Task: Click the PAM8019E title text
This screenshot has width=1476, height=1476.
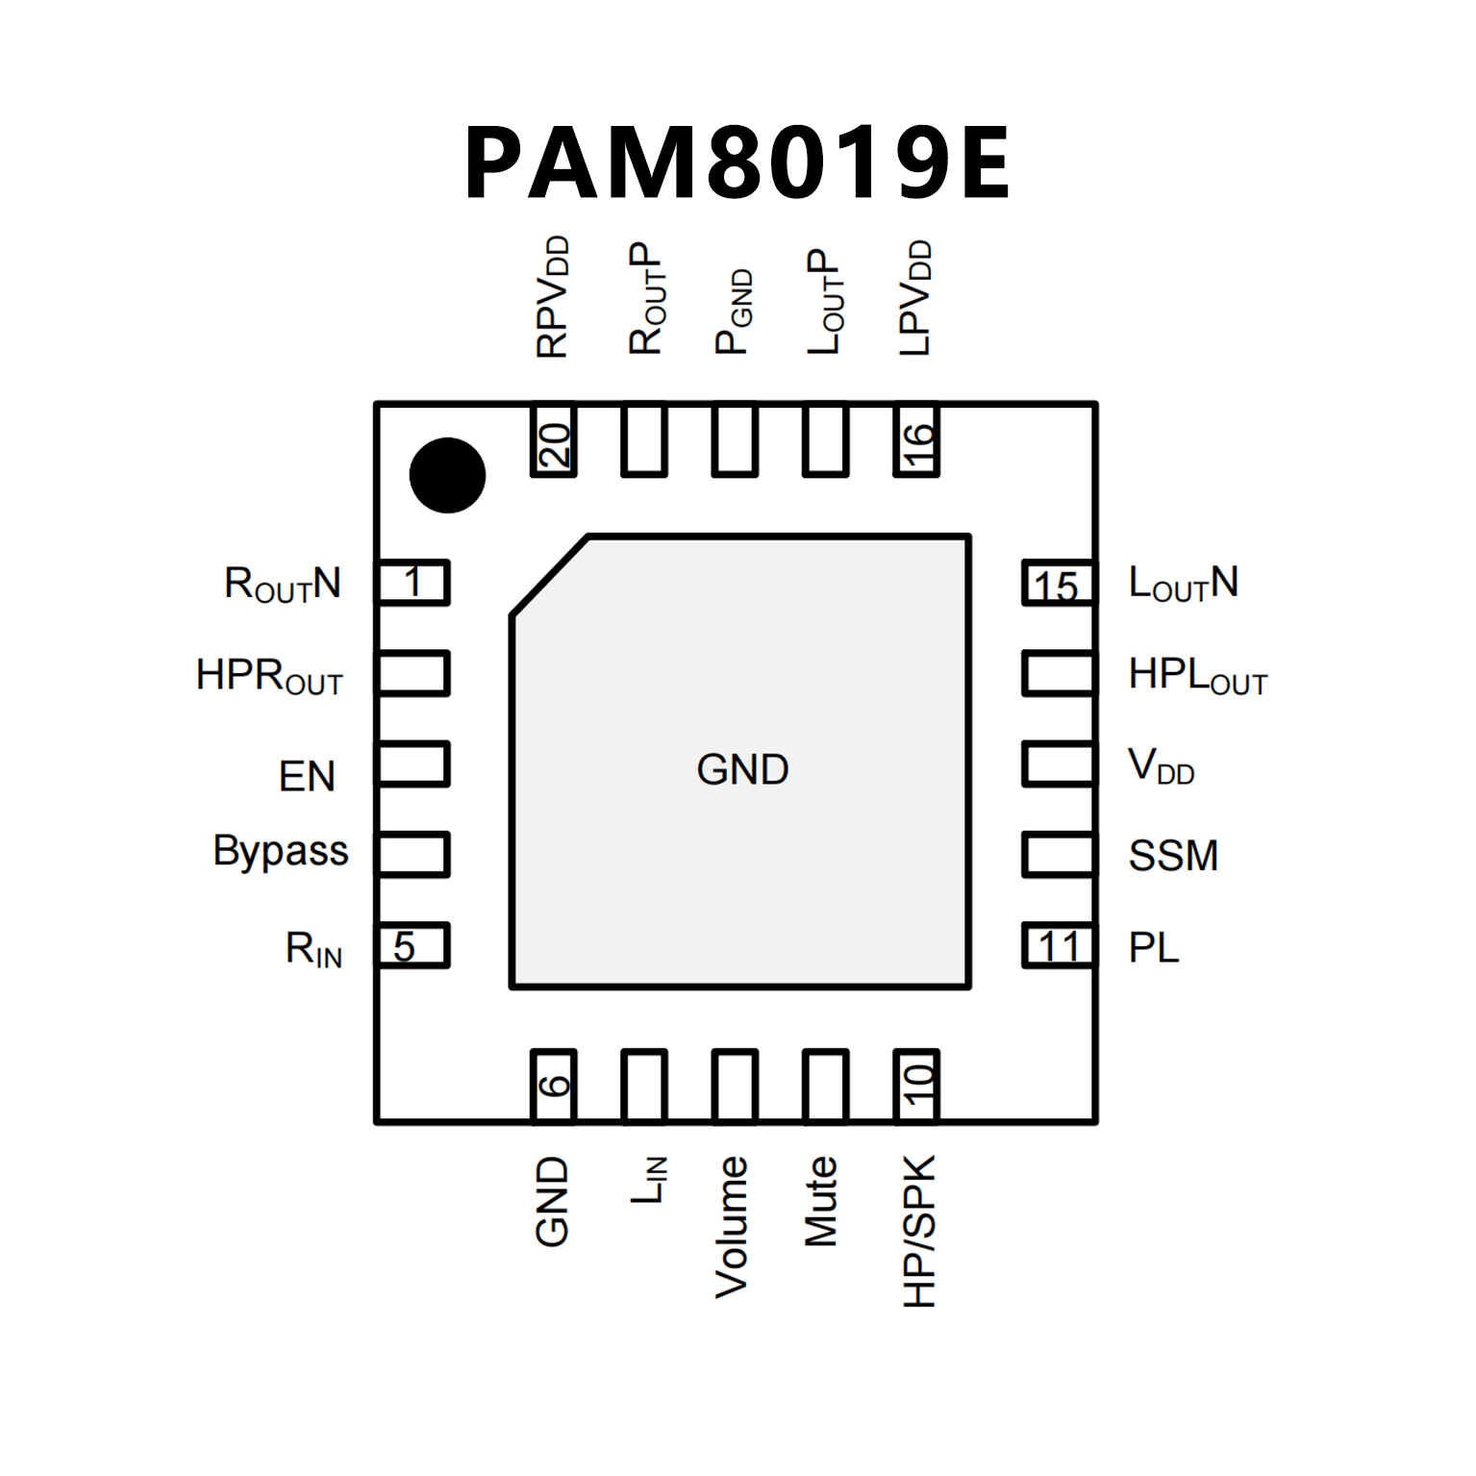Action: click(x=737, y=163)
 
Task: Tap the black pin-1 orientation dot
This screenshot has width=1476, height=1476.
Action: click(x=447, y=475)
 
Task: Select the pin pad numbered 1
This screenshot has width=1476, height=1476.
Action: click(x=413, y=582)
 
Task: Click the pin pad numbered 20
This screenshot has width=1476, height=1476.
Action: click(x=553, y=441)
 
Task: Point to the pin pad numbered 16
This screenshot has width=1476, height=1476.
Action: click(x=916, y=441)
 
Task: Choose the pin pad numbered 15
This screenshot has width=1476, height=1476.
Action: click(x=1058, y=583)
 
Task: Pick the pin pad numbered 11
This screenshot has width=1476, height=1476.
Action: click(x=1058, y=945)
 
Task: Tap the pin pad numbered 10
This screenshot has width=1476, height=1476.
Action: click(x=916, y=1086)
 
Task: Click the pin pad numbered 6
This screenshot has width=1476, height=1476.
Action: click(x=553, y=1086)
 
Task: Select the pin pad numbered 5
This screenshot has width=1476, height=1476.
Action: click(x=413, y=945)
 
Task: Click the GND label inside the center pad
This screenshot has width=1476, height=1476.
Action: click(x=742, y=769)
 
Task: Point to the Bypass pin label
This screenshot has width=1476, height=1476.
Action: click(x=281, y=852)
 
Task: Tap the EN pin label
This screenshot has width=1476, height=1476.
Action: click(x=307, y=776)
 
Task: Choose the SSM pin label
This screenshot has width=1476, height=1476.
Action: click(x=1173, y=855)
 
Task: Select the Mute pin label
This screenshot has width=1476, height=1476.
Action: click(x=821, y=1201)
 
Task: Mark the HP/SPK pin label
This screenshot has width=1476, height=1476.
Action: click(x=919, y=1231)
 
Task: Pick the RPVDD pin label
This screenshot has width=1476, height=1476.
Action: click(x=553, y=297)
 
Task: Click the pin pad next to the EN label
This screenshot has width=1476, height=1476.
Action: click(x=413, y=763)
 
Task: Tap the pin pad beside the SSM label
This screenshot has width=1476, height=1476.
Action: click(x=1058, y=854)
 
